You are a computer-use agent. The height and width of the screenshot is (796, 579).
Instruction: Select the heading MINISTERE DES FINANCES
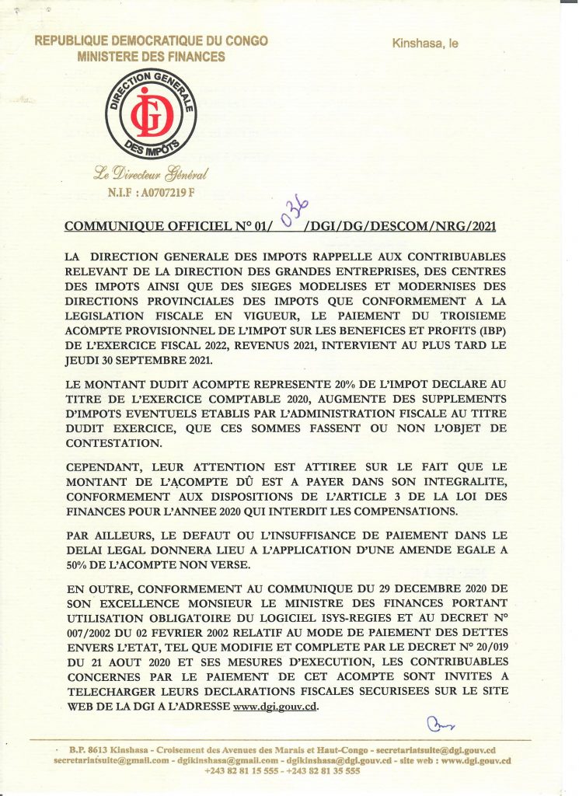pyautogui.click(x=152, y=57)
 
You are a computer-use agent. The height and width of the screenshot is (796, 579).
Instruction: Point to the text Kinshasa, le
pyautogui.click(x=425, y=44)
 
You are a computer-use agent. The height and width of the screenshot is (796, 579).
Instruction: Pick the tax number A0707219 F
pyautogui.click(x=166, y=190)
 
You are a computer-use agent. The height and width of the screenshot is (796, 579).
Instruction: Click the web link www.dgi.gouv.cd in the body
pyautogui.click(x=276, y=707)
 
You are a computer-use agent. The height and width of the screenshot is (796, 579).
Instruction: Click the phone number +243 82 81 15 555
pyautogui.click(x=239, y=771)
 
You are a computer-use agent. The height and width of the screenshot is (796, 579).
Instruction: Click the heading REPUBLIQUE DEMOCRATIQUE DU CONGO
pyautogui.click(x=152, y=41)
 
